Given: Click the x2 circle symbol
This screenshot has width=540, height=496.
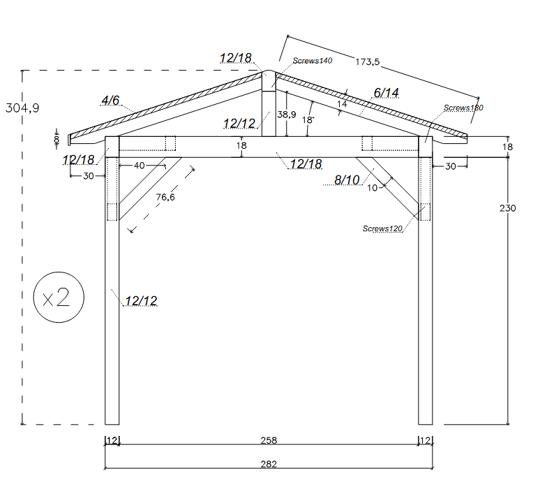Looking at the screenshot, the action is [x=59, y=297].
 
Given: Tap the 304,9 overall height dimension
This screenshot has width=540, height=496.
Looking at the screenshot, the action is [x=22, y=108].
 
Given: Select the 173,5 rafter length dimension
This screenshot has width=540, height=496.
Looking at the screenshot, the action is [x=368, y=61].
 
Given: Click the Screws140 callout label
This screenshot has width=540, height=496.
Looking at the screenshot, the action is [x=313, y=61].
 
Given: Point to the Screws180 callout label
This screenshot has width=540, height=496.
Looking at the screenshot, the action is [x=463, y=108].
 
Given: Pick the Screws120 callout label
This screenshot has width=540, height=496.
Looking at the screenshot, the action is [x=382, y=228].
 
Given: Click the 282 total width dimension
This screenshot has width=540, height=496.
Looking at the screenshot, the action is [x=269, y=464].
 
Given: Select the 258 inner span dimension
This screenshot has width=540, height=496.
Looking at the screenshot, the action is [x=269, y=440].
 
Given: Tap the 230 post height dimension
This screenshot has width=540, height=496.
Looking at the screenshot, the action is [x=508, y=208].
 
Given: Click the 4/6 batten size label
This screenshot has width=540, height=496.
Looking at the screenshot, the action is [x=110, y=100].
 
